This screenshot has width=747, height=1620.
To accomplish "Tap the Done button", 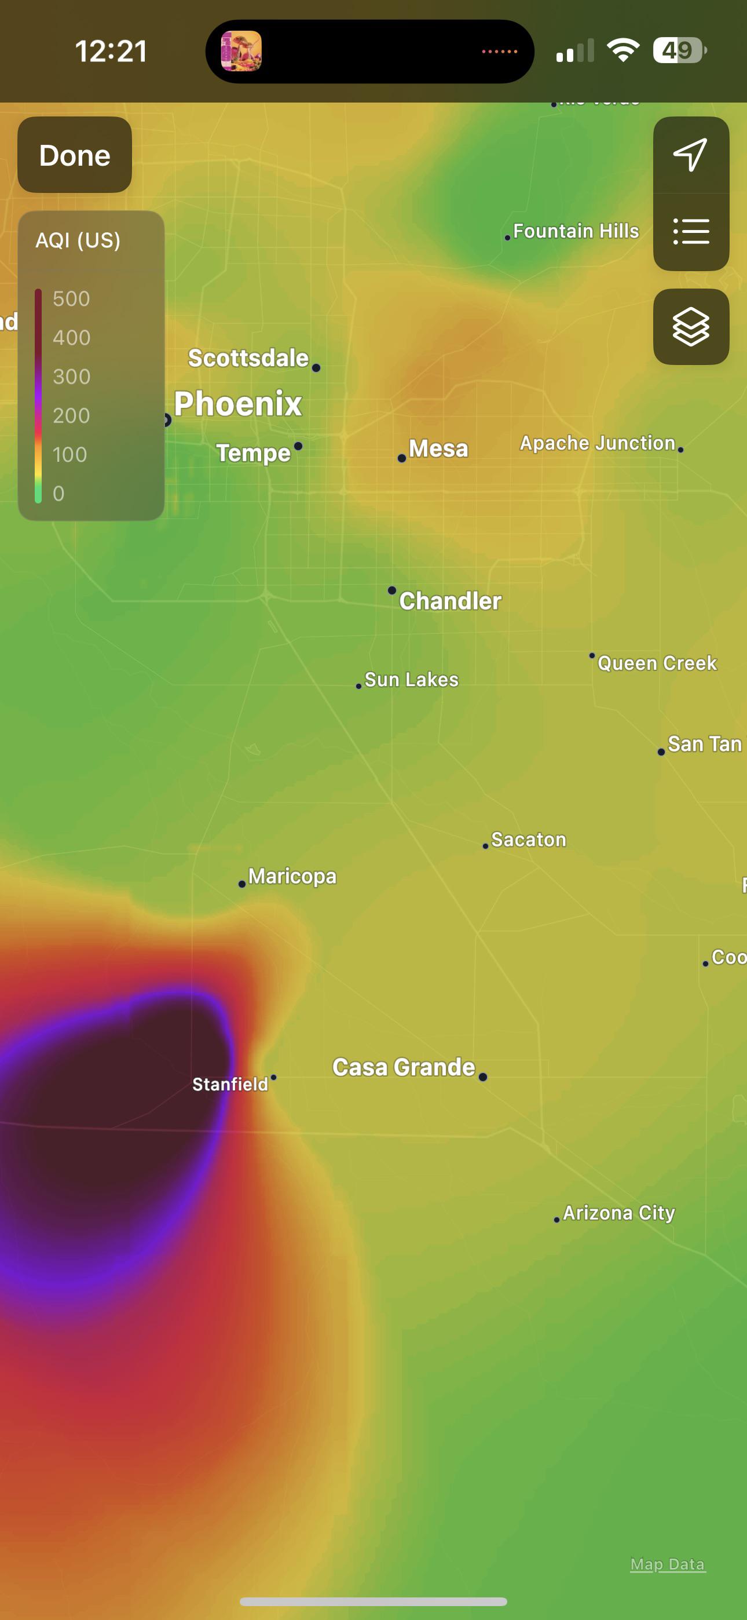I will pyautogui.click(x=74, y=155).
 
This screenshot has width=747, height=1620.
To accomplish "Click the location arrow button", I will pyautogui.click(x=690, y=155).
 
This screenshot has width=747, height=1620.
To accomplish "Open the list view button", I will pyautogui.click(x=690, y=231).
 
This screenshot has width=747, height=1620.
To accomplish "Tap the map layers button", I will pyautogui.click(x=690, y=326).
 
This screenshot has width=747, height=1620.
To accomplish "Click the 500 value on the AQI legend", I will pyautogui.click(x=71, y=299).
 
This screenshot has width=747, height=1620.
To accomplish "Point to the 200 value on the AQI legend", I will pyautogui.click(x=71, y=415).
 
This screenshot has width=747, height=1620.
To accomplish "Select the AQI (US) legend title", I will pyautogui.click(x=78, y=240).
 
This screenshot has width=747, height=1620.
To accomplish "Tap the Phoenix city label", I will pyautogui.click(x=237, y=404).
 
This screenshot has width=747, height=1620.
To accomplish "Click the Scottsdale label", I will pyautogui.click(x=248, y=359).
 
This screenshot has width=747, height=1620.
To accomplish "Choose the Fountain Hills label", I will pyautogui.click(x=576, y=231).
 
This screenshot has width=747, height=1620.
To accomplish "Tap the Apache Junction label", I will pyautogui.click(x=596, y=443).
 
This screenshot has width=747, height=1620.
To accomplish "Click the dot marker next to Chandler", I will pyautogui.click(x=391, y=590).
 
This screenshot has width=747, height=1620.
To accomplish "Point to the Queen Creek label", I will pyautogui.click(x=657, y=663).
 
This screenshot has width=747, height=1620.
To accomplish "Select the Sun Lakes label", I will pyautogui.click(x=411, y=680).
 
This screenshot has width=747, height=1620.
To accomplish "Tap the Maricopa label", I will pyautogui.click(x=292, y=876).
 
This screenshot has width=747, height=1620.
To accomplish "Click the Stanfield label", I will pyautogui.click(x=230, y=1084).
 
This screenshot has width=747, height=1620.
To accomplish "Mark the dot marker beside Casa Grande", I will pyautogui.click(x=482, y=1077).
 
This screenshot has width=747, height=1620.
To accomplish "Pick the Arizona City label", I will pyautogui.click(x=618, y=1213).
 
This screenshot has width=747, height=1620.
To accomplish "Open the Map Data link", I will pyautogui.click(x=667, y=1564).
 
